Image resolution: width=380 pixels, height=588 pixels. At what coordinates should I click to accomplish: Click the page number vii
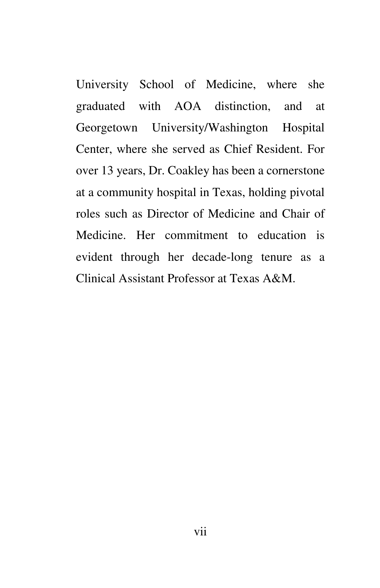coord(200,531)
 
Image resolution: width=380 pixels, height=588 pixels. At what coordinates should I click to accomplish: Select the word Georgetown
coord(106,128)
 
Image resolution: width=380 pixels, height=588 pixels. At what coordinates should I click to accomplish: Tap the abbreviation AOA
coord(188,106)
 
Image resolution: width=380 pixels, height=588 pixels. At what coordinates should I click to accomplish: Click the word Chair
coord(296,214)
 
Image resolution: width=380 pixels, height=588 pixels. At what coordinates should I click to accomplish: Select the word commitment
coord(196,236)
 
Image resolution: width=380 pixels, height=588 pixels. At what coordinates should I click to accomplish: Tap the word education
coord(282,236)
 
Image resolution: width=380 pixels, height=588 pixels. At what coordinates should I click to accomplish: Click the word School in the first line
coord(156,85)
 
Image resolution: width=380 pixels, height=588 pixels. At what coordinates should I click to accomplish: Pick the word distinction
coord(243,106)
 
